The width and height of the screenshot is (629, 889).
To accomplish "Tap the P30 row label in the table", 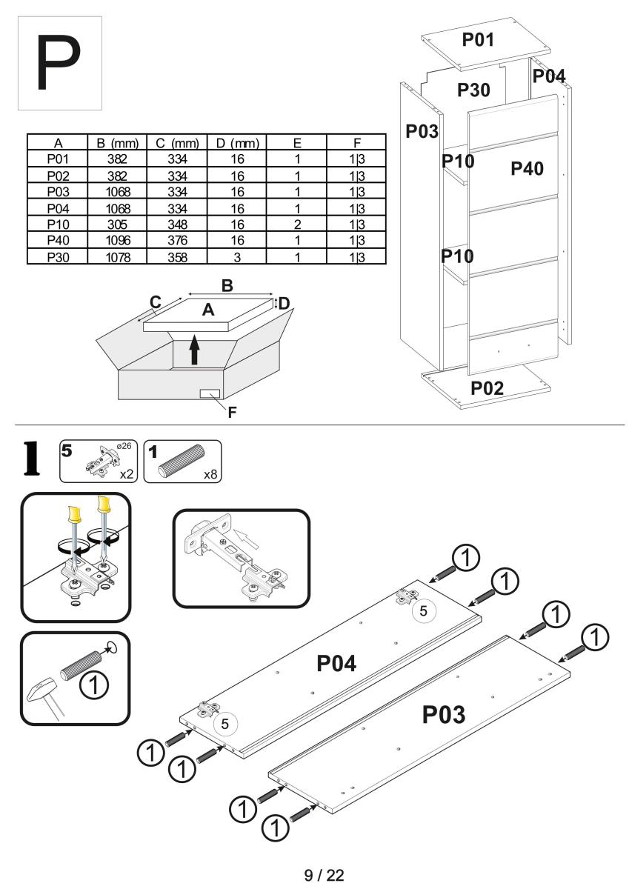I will click(x=56, y=256).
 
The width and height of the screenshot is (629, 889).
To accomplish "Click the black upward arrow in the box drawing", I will click(x=194, y=349).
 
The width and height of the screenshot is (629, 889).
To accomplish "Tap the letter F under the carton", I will click(x=232, y=413).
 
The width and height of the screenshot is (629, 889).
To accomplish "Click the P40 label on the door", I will click(x=528, y=169).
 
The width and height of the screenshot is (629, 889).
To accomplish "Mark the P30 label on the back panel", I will click(x=474, y=90).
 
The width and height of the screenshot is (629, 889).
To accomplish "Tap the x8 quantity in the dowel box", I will click(x=210, y=475).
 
